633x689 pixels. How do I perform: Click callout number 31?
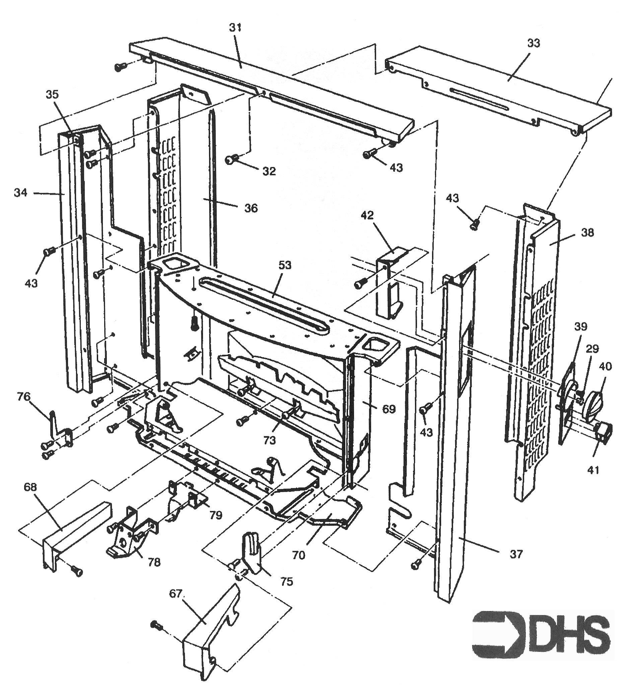[x=236, y=28]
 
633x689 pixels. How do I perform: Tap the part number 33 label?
[x=534, y=44]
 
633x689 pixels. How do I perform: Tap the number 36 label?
[x=251, y=208]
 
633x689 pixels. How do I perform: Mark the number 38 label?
[x=587, y=233]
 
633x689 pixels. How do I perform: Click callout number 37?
[x=516, y=553]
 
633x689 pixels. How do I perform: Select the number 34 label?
[x=20, y=193]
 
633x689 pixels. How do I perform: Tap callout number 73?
[x=270, y=440]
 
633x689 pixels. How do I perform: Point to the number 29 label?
[x=592, y=349]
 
